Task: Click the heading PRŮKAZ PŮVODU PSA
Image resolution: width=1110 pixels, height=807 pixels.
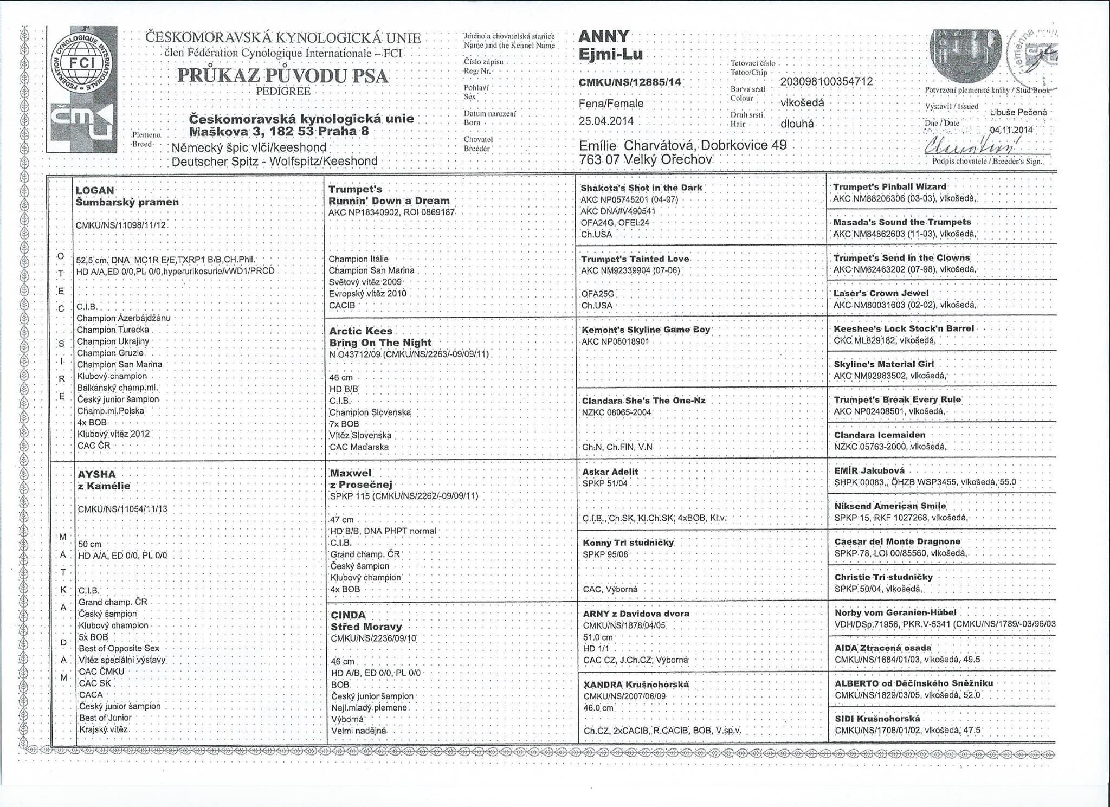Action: tap(282, 75)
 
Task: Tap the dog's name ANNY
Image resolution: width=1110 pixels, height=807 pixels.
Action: tap(604, 36)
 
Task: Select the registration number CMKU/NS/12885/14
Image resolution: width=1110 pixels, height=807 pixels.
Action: tap(630, 82)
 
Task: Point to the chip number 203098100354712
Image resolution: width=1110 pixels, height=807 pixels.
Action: tap(827, 81)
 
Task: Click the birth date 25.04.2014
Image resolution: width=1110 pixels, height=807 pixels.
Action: tap(606, 121)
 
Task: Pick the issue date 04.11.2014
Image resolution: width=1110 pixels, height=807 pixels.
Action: tap(1011, 130)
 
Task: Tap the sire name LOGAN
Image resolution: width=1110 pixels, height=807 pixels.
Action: tap(95, 190)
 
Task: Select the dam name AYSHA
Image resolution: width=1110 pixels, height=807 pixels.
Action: tap(96, 474)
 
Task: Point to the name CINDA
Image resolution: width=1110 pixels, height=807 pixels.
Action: tap(348, 615)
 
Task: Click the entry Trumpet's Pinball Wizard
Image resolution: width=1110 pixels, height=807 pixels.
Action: tap(889, 186)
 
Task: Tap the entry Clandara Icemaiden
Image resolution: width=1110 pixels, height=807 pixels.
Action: tap(880, 435)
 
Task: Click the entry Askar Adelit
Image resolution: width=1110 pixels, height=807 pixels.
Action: tap(610, 472)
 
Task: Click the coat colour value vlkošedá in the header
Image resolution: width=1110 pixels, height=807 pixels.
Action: tap(802, 102)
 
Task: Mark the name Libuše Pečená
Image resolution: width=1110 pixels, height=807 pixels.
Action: tap(1018, 112)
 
